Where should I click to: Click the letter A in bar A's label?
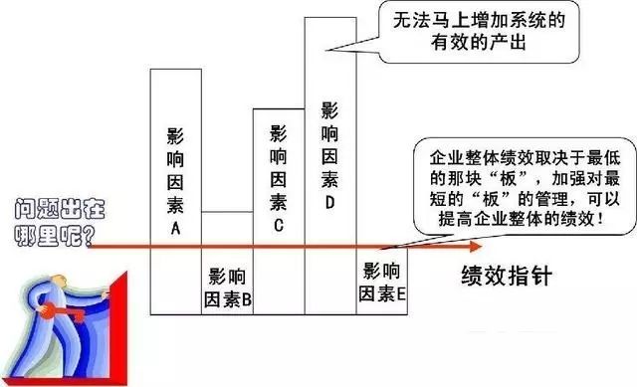[175, 229]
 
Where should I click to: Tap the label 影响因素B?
[228, 288]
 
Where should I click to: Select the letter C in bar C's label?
[279, 226]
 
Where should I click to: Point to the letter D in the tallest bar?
[329, 202]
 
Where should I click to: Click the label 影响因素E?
[382, 282]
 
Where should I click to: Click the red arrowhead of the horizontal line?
[476, 246]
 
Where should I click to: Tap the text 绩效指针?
[507, 277]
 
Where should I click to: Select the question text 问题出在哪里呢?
[60, 223]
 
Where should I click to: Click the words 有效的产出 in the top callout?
[479, 42]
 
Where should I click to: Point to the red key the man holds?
[63, 311]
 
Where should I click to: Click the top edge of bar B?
[227, 212]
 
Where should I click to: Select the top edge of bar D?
[330, 18]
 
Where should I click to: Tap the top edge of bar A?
[176, 69]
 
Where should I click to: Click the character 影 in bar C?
[279, 133]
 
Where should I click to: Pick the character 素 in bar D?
[329, 179]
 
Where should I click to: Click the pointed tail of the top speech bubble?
[327, 51]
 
